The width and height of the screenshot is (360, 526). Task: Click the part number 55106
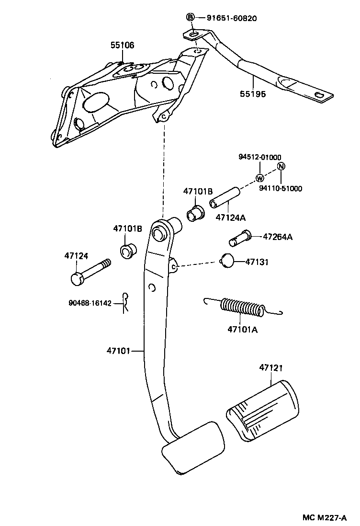point(122,46)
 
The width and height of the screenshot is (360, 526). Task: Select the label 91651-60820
point(232,19)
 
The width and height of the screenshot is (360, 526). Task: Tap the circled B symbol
point(190,18)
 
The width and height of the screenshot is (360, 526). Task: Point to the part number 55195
point(253,94)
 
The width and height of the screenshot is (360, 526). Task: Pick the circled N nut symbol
point(281,167)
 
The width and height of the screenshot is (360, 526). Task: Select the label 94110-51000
point(281,189)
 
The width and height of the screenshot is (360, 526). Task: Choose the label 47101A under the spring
point(242,330)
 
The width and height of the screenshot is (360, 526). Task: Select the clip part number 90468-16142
point(90,303)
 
